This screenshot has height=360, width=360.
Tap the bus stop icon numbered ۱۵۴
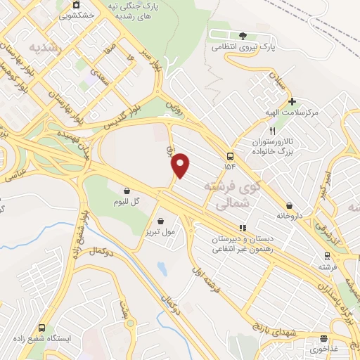[231, 156]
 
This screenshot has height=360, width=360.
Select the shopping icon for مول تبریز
[161, 220]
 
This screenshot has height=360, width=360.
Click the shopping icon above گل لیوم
[127, 191]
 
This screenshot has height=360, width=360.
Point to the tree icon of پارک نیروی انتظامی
[243, 36]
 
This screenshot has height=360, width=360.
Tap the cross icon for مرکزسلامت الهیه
[292, 101]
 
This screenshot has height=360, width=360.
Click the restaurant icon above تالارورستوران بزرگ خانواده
[272, 131]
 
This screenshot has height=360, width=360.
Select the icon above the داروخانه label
[289, 205]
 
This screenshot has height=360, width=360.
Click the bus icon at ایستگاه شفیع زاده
[41, 328]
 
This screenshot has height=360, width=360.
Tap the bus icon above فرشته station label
[326, 256]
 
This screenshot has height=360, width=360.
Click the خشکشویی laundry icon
[76, 4]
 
